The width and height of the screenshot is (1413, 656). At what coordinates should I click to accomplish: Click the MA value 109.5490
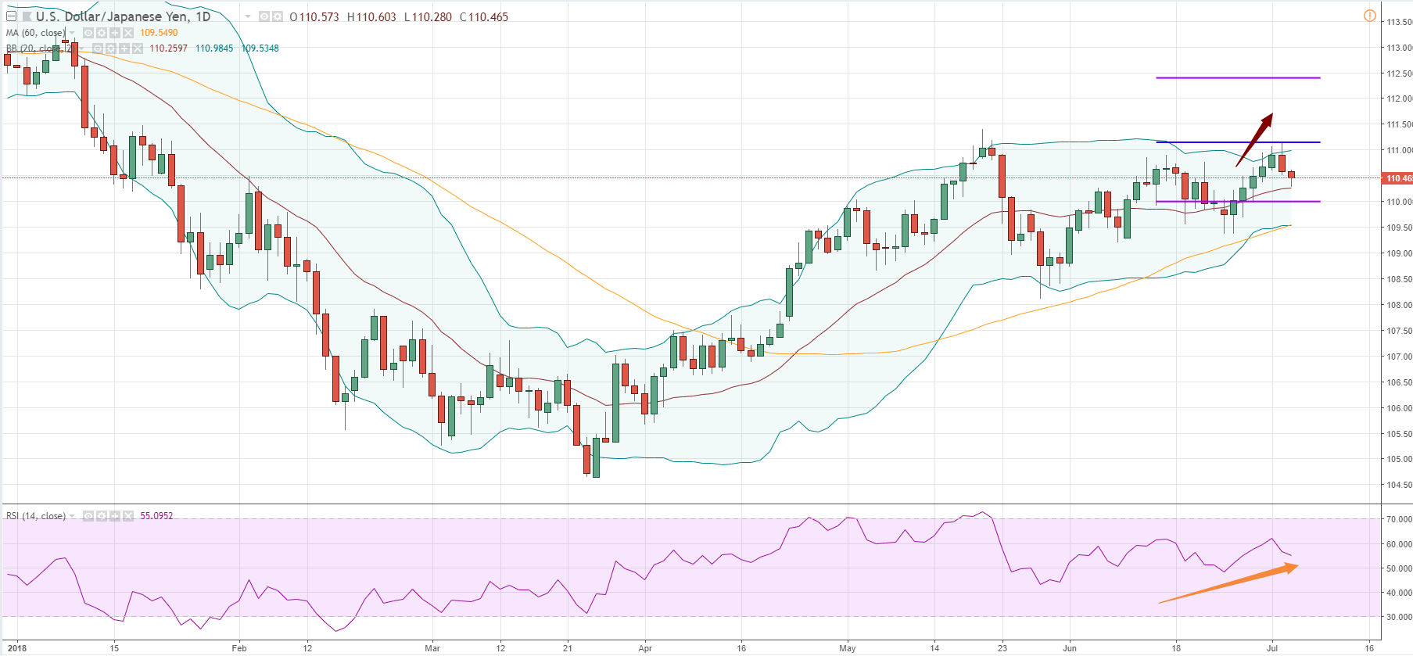point(159,33)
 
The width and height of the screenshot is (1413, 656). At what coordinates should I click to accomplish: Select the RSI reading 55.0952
point(156,516)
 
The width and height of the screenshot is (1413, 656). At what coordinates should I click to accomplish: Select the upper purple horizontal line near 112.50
point(1237,78)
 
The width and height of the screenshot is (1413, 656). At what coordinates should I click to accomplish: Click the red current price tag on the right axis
point(1398,178)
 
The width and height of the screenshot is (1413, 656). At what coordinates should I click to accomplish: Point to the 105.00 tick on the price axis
point(1399,460)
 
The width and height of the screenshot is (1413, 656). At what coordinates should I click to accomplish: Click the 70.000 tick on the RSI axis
point(1399,519)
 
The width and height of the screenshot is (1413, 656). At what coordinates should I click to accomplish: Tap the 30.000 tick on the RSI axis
point(1399,617)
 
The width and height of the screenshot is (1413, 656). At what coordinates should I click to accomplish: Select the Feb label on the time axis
point(239,648)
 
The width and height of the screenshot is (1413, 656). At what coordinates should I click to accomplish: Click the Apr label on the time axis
point(645,648)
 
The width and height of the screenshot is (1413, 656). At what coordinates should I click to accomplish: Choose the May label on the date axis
point(848,648)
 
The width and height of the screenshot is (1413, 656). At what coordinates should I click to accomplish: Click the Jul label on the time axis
point(1272,648)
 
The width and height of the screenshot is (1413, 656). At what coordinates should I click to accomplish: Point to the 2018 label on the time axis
point(16,648)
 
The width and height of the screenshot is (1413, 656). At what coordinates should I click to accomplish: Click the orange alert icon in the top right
point(1370,16)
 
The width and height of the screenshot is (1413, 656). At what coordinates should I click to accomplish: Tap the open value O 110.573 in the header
point(314,17)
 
